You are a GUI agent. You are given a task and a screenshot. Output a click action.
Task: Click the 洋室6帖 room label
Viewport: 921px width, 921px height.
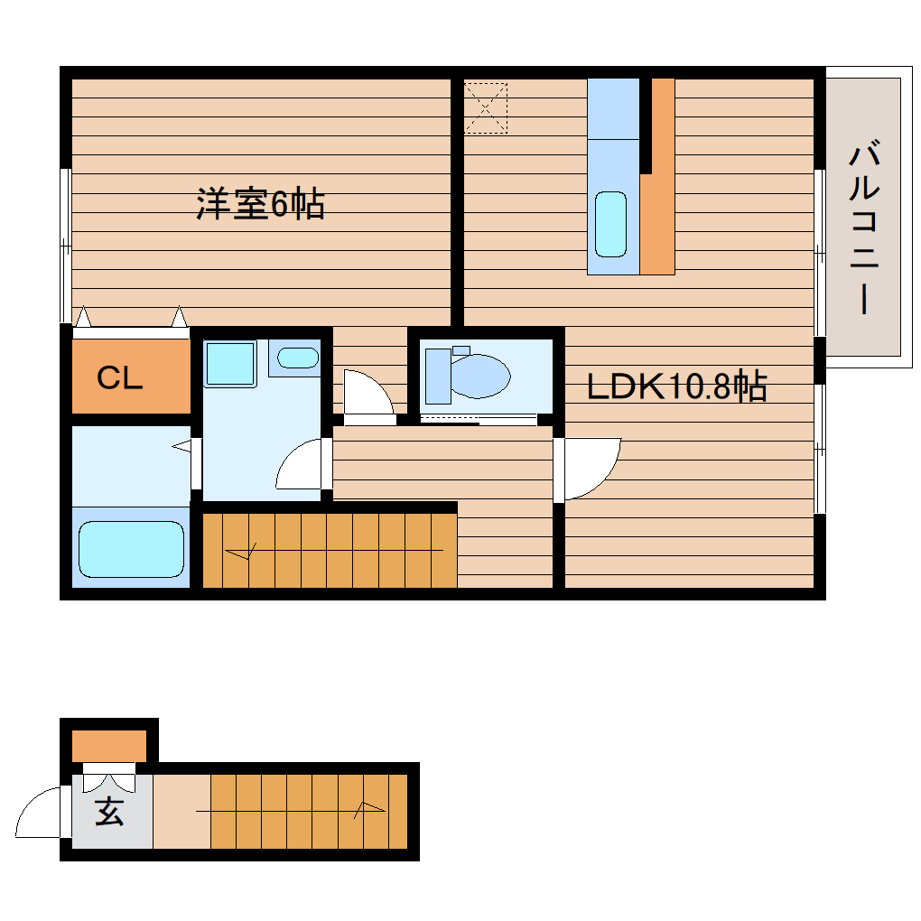[260, 205]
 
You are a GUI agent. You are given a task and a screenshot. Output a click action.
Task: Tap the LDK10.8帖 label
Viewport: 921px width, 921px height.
[676, 386]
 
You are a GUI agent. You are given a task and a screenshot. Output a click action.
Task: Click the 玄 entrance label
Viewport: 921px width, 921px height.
[109, 813]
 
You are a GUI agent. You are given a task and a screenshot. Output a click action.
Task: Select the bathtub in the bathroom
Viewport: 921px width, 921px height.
[132, 549]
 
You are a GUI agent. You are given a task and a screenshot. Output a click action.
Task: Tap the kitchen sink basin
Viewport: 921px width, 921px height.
[611, 223]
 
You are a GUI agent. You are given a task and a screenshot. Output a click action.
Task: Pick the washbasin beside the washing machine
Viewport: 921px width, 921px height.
[297, 358]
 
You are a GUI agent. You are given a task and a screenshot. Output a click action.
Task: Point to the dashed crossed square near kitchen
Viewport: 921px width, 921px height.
[486, 107]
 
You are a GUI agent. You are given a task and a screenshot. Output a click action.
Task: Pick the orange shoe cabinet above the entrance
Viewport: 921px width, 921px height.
[109, 746]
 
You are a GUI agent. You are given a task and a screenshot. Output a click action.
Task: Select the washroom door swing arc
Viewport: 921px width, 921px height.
[300, 465]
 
